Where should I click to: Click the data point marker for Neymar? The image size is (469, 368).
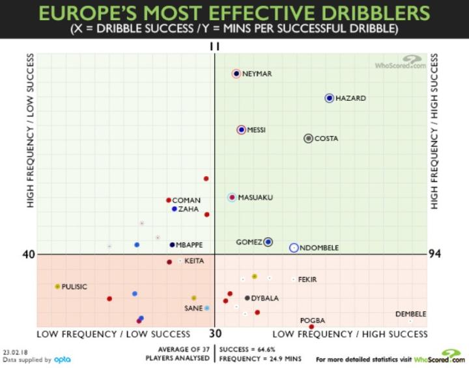(x=236, y=73)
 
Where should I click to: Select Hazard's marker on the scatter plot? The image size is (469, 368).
(x=330, y=98)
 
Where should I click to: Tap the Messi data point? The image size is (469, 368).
(x=242, y=130)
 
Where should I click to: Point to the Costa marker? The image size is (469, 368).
(x=309, y=138)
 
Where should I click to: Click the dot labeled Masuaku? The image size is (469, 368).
(x=232, y=197)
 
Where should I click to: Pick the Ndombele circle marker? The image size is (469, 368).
(x=294, y=247)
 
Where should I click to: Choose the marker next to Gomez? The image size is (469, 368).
(x=268, y=242)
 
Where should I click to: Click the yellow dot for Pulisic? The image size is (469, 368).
(x=58, y=286)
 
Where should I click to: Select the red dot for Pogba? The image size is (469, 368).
(x=312, y=326)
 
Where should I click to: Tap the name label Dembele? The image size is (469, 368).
(x=410, y=314)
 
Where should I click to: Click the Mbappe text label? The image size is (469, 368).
(x=190, y=245)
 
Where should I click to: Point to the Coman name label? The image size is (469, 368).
(x=186, y=200)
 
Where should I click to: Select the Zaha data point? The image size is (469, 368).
(x=175, y=209)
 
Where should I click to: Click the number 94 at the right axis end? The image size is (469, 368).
(x=435, y=254)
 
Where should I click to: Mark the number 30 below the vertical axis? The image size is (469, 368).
(x=215, y=333)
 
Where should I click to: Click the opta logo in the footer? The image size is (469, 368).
(x=62, y=359)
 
